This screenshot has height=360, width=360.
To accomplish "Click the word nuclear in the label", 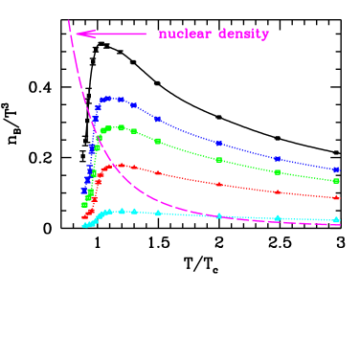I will (x=185, y=34).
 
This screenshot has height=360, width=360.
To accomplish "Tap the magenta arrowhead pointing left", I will (x=81, y=34).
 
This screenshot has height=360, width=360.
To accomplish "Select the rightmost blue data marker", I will (x=336, y=169).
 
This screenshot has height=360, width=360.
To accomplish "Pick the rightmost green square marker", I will (x=336, y=181).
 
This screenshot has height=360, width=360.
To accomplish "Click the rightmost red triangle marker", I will (x=336, y=198).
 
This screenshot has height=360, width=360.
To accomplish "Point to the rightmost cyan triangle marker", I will (x=336, y=220).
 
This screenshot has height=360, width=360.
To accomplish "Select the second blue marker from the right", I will (x=278, y=159).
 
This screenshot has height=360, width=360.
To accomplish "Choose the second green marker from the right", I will (x=278, y=172).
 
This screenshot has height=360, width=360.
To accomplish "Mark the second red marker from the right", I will (x=278, y=191).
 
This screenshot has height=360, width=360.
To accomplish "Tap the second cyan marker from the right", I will (x=278, y=218).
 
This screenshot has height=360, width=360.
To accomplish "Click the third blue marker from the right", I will (x=218, y=144).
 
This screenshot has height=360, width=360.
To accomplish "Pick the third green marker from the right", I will (x=218, y=160).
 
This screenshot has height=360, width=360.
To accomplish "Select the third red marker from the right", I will (x=218, y=183).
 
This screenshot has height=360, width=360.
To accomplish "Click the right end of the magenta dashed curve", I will (x=340, y=224).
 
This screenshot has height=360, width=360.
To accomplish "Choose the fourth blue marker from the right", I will (x=158, y=119).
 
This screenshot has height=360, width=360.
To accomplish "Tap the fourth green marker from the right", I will (x=158, y=141).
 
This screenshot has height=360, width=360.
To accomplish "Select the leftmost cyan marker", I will (x=84, y=226).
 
